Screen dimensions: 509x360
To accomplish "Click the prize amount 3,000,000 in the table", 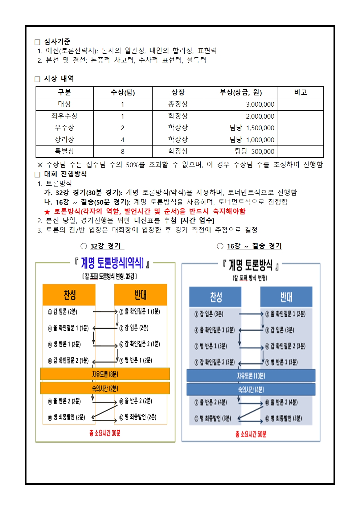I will click(x=260, y=104).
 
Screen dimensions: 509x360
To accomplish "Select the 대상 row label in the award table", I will click(x=65, y=104).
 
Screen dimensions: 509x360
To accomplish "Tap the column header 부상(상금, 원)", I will click(x=241, y=93).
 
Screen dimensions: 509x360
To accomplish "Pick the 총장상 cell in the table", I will click(x=178, y=104).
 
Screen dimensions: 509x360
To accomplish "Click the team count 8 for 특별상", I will click(x=123, y=151).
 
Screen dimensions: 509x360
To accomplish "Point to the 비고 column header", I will click(x=300, y=93).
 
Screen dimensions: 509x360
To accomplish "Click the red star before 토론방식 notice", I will click(x=47, y=212).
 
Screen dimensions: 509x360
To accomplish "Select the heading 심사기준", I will click(x=57, y=41).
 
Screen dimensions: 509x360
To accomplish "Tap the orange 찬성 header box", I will click(x=69, y=295).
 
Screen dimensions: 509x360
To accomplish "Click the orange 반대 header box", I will click(x=140, y=295).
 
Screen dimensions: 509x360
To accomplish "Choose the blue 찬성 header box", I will click(x=215, y=297).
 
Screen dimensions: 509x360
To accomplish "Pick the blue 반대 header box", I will click(x=286, y=297).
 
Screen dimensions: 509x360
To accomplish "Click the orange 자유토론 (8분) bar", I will click(x=105, y=374).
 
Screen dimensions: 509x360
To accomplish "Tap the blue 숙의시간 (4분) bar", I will click(x=251, y=390).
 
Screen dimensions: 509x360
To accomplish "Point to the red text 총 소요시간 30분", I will click(x=105, y=433).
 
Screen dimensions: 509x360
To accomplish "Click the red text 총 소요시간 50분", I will click(x=251, y=434).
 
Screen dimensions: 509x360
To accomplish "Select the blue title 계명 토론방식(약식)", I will click(x=112, y=263).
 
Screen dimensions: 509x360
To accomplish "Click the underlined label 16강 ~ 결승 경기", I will click(x=254, y=246).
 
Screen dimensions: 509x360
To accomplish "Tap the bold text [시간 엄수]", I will click(x=197, y=221).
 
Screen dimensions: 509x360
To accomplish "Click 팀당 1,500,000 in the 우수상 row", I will click(x=252, y=128).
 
